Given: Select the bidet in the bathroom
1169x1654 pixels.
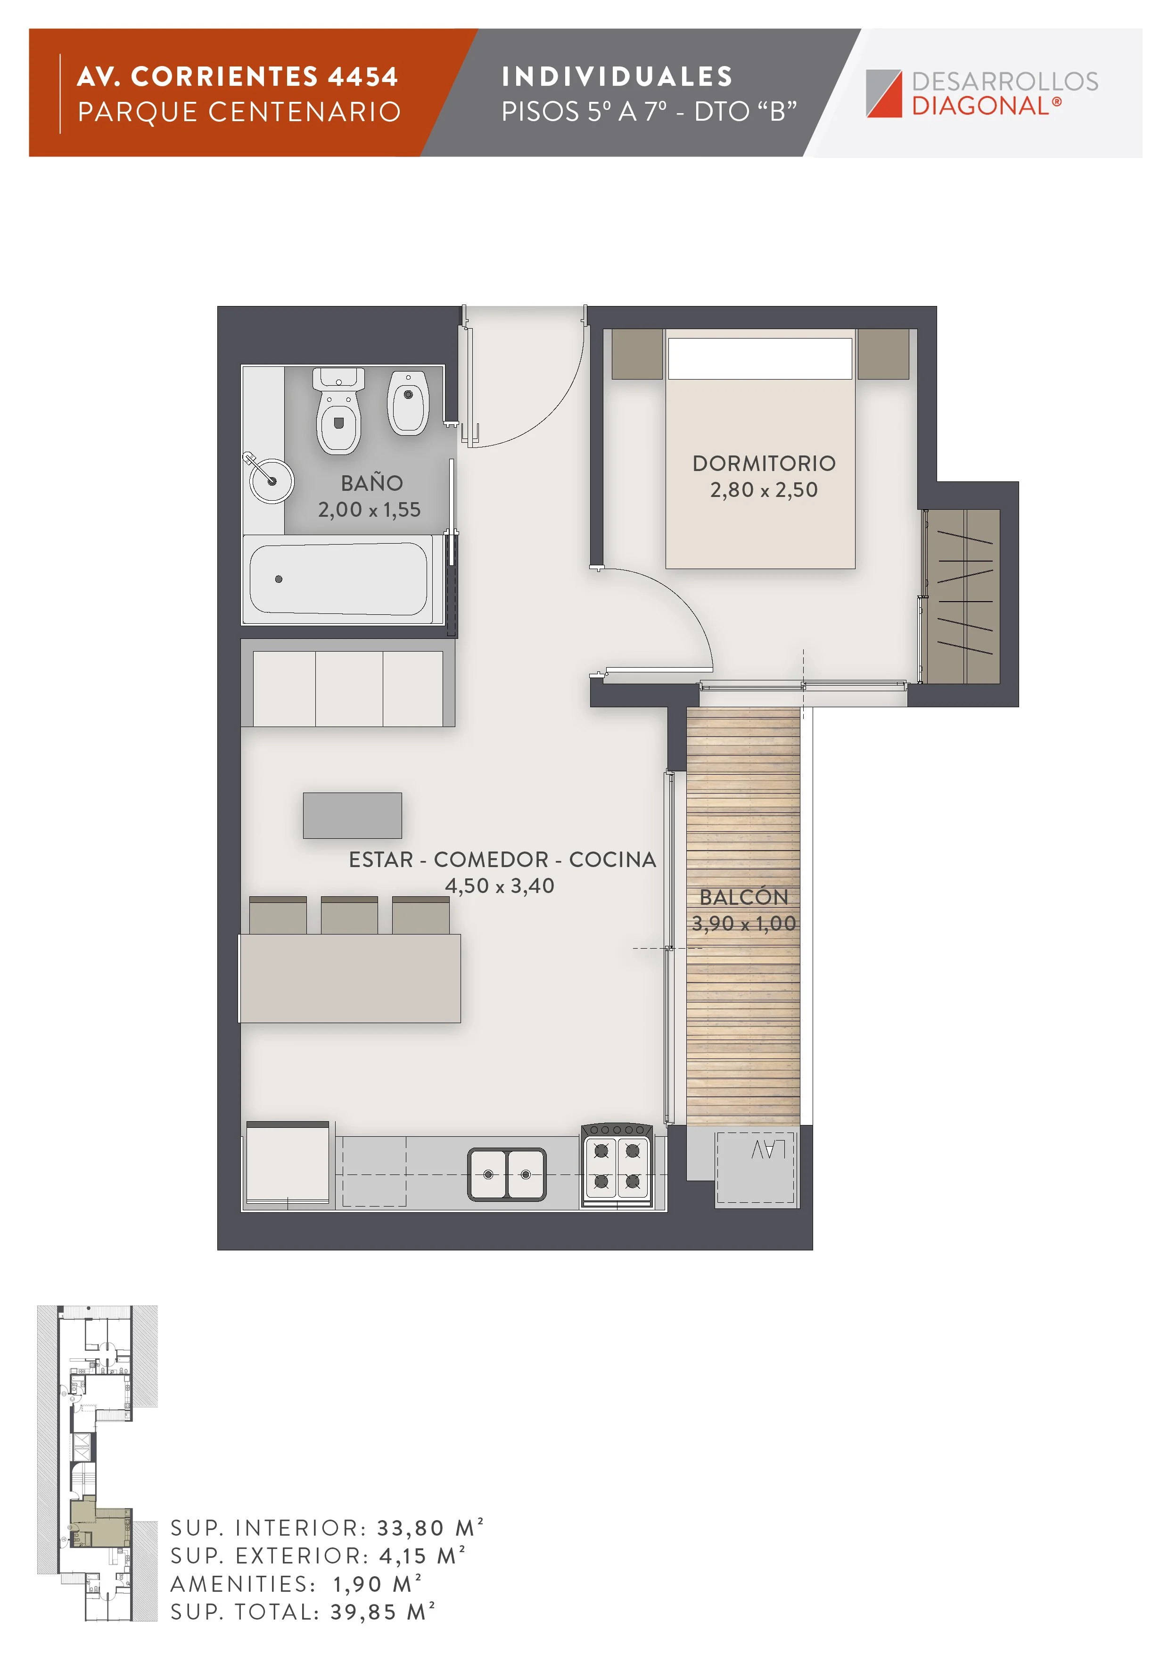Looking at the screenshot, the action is click(408, 402).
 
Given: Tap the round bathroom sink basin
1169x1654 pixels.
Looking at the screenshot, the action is click(271, 480).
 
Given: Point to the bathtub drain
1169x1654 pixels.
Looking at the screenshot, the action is click(279, 579).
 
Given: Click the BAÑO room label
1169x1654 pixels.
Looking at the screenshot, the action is click(371, 483).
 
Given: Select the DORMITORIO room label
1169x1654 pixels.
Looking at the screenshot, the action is click(764, 463).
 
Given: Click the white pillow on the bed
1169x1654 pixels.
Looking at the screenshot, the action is click(760, 358).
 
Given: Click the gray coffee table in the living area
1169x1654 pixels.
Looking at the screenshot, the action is click(352, 816).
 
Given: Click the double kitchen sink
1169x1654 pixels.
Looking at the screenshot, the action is click(507, 1174).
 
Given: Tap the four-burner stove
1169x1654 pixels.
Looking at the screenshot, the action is click(617, 1165).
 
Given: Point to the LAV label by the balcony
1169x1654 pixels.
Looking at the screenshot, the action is click(768, 1150).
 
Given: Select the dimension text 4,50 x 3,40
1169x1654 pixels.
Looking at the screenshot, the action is click(500, 885).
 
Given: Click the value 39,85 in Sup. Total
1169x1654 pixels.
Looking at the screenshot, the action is click(364, 1612).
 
